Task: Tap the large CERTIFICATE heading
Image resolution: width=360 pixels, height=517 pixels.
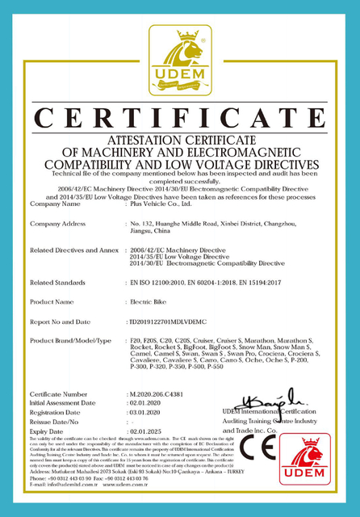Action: [x=180, y=112]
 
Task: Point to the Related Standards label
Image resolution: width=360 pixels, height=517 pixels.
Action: [x=59, y=283]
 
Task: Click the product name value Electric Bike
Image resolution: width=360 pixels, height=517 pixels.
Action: [x=149, y=301]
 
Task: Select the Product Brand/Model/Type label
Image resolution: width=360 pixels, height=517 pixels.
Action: [x=71, y=341]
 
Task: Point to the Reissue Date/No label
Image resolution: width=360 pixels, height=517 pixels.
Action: [x=55, y=422]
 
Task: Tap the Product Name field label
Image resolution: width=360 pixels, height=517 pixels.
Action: [x=52, y=301]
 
